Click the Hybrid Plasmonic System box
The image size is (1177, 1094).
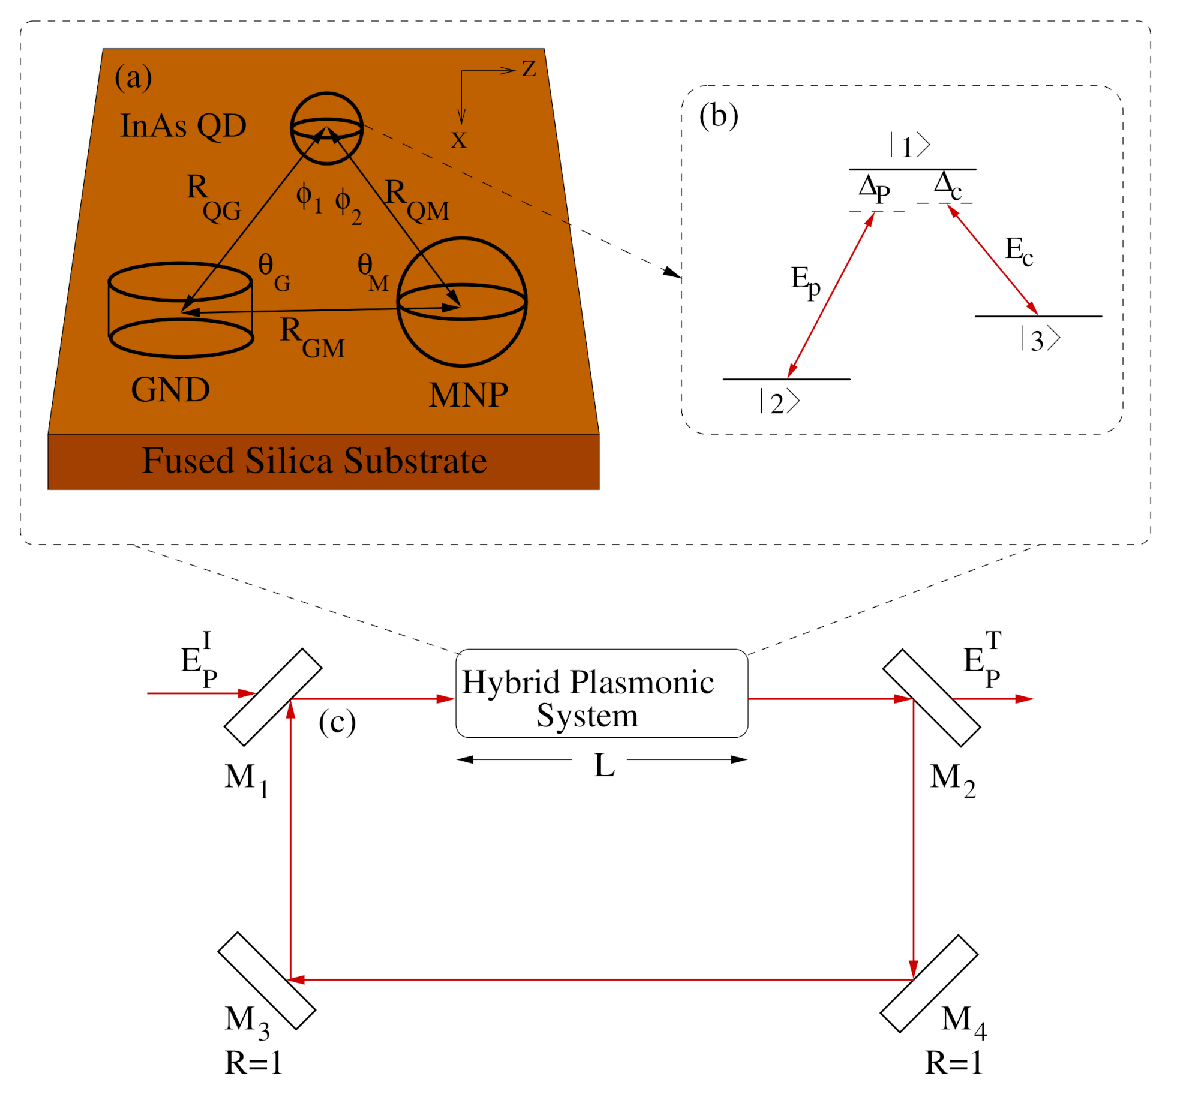[601, 693]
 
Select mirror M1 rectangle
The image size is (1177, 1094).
[273, 696]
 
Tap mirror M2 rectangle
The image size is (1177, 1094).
[931, 697]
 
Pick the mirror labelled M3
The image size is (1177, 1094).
[266, 980]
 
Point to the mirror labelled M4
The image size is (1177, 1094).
[928, 983]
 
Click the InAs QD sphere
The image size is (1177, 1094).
[326, 128]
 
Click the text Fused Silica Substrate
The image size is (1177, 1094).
[314, 461]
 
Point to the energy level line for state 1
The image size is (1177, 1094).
[912, 170]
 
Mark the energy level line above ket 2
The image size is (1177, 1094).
[786, 379]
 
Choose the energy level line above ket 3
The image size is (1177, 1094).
[1038, 316]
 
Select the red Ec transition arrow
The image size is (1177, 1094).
[992, 259]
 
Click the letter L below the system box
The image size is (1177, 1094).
[603, 766]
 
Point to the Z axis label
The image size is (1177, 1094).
[528, 68]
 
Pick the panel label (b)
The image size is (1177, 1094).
[718, 115]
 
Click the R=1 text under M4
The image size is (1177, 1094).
[953, 1063]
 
